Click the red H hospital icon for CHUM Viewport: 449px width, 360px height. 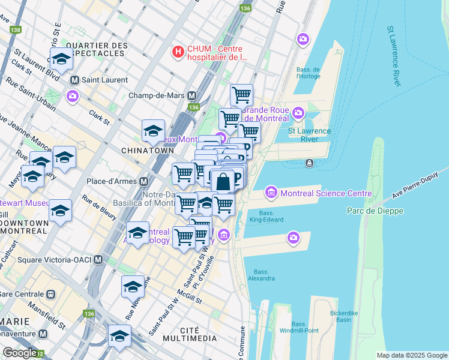(x=178, y=52)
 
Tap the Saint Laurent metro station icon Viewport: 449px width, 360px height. (x=75, y=80)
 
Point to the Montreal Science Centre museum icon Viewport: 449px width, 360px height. (x=271, y=193)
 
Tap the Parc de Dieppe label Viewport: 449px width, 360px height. (x=375, y=211)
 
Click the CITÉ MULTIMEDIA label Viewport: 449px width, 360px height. (x=198, y=335)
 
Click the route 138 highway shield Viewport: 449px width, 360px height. (x=15, y=29)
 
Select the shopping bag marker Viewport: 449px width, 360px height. (x=222, y=181)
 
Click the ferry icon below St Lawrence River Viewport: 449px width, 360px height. (x=309, y=163)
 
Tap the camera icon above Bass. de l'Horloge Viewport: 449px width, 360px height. (x=303, y=40)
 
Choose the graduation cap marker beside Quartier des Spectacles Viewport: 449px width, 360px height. (x=61, y=59)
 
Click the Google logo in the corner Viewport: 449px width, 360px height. (x=20, y=353)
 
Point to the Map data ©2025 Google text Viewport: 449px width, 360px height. (x=411, y=355)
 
